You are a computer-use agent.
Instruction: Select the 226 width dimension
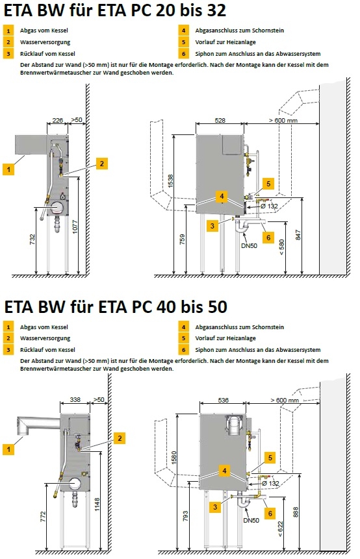click(x=57, y=119)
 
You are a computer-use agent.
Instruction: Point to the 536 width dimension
click(x=223, y=401)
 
